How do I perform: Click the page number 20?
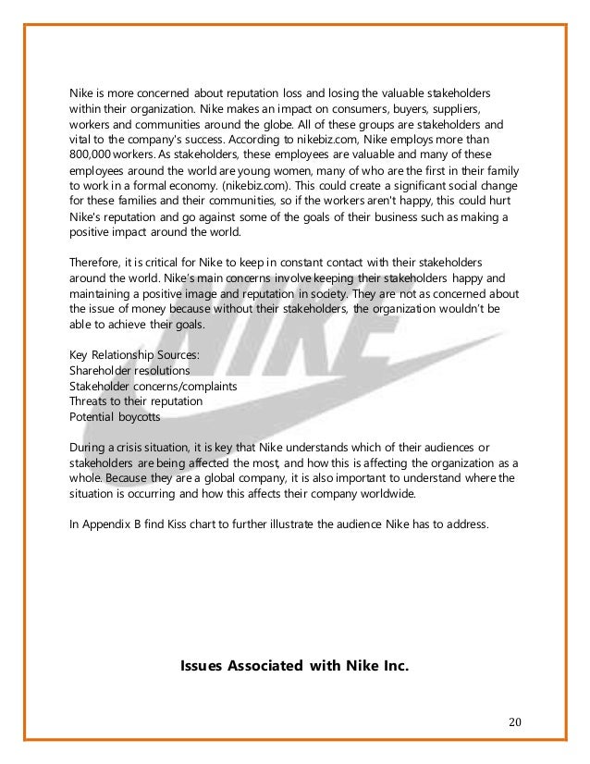pos(515,721)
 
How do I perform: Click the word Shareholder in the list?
pos(102,369)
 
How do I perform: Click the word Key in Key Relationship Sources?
pos(81,354)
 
